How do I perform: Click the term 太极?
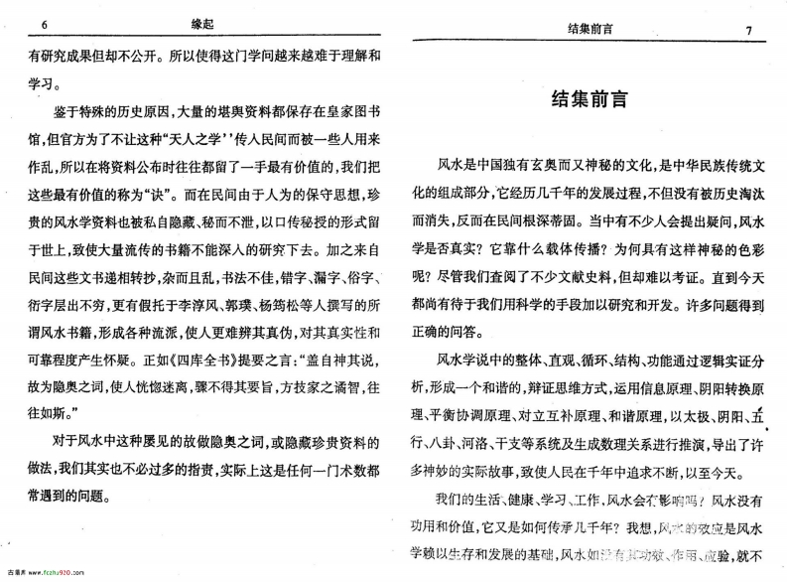coord(680,414)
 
